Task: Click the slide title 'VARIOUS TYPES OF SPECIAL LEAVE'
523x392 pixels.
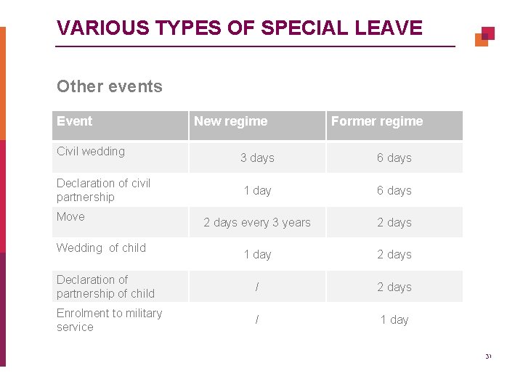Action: pos(239,28)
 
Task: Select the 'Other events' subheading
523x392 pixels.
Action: pos(110,86)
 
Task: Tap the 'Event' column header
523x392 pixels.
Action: pos(75,121)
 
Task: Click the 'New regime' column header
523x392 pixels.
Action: pos(230,121)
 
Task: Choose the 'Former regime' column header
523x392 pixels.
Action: pos(376,121)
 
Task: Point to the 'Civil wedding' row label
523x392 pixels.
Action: pos(91,151)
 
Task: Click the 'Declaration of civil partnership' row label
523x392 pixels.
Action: pos(103,190)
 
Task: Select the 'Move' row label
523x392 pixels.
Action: pos(70,216)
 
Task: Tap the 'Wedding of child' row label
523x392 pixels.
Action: pos(101,248)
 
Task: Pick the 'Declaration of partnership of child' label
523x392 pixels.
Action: pos(105,287)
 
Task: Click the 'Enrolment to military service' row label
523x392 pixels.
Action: pos(109,320)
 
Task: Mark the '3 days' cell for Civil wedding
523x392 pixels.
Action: pos(257,158)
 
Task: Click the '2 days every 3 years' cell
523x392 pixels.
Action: pos(257,222)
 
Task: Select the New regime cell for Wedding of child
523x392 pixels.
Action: pos(257,254)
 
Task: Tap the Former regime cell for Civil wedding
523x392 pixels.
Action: pos(394,158)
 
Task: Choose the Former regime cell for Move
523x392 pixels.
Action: pos(394,222)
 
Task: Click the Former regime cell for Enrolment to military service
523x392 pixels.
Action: pos(394,319)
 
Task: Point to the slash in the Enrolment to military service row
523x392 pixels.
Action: pos(256,319)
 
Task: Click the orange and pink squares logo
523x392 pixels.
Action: pos(485,36)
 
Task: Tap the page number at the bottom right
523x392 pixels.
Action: pos(488,356)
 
